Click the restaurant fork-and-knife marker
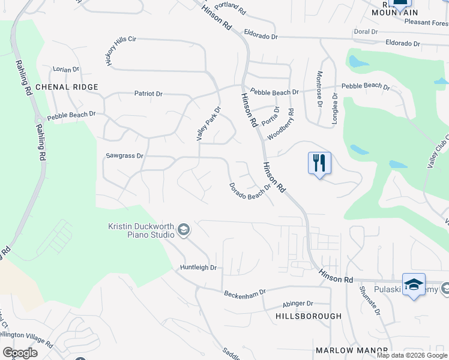click(319, 163)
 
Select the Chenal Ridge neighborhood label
click(67, 87)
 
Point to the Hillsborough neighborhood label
click(308, 316)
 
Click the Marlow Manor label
click(344, 350)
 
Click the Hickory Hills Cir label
click(121, 51)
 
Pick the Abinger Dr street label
click(297, 304)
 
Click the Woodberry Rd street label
click(281, 124)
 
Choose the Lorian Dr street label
click(66, 70)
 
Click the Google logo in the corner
click(20, 353)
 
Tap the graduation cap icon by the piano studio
click(184, 229)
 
